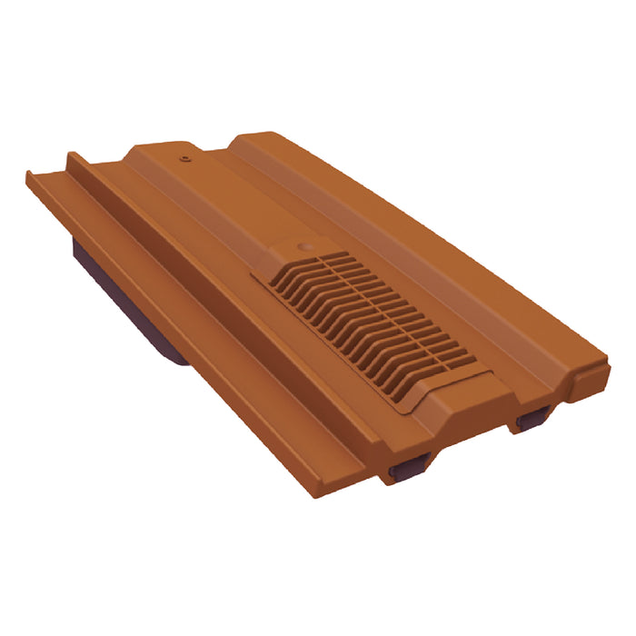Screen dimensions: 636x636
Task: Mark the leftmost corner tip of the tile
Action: click(27, 174)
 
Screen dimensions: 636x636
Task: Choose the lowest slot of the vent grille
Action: click(445, 373)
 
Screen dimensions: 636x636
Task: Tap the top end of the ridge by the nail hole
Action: click(164, 147)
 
